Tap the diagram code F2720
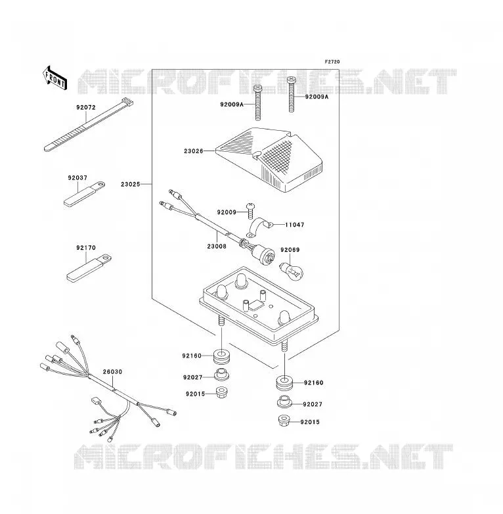pos(332,62)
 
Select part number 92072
pos(86,108)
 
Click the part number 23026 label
pos(194,151)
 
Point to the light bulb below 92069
pos(292,271)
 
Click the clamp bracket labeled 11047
pos(260,227)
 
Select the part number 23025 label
pos(130,184)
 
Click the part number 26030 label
pos(112,372)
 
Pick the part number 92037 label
pos(77,178)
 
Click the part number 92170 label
pos(86,248)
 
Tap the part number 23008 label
pos(217,246)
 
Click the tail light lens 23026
pos(269,159)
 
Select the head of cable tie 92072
pos(127,103)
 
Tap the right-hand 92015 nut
pos(284,421)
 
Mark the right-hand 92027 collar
pos(285,402)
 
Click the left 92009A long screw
pos(258,103)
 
